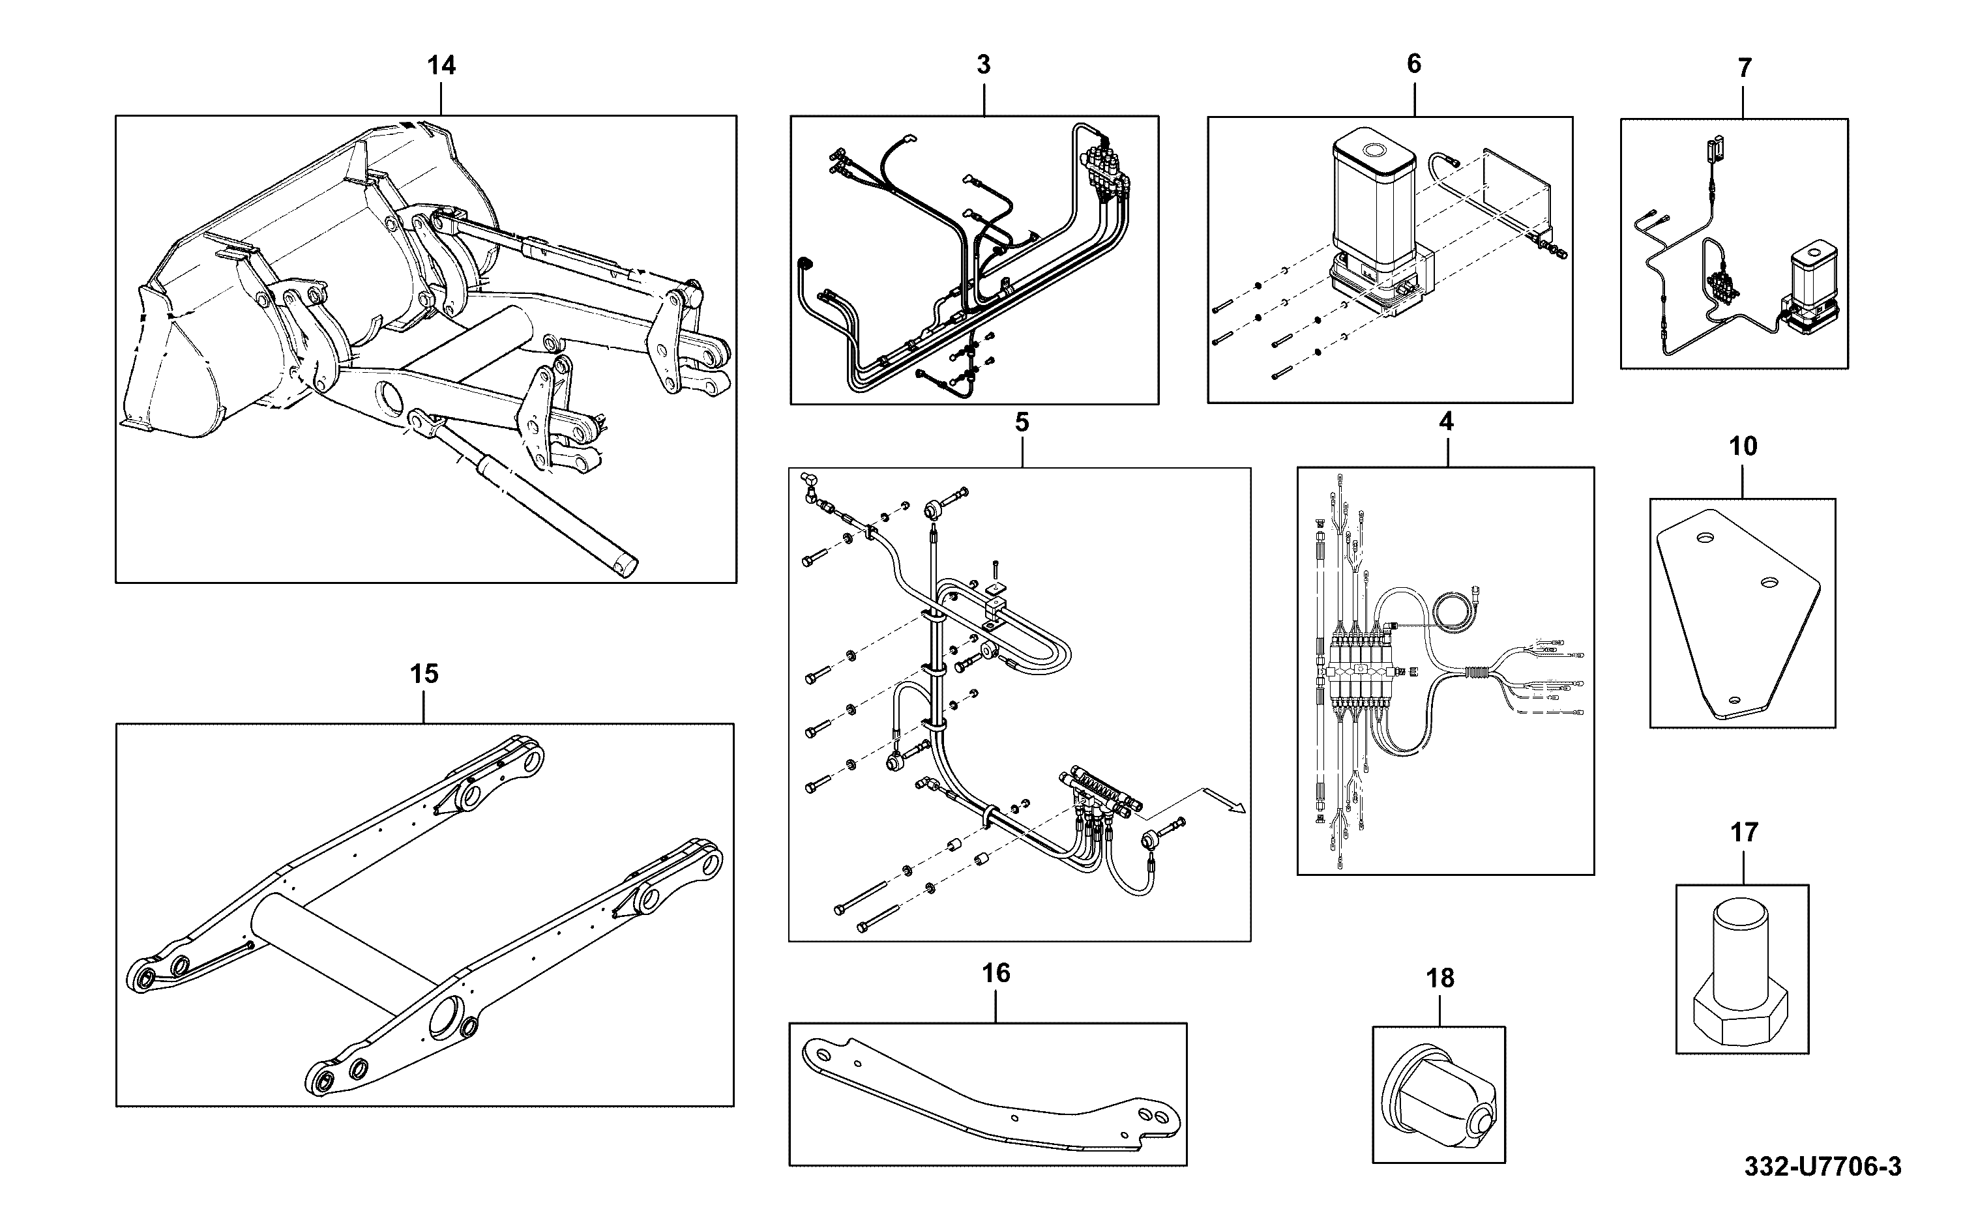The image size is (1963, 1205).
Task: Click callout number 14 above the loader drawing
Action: pyautogui.click(x=441, y=65)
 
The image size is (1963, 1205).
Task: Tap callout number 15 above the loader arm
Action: pyautogui.click(x=424, y=675)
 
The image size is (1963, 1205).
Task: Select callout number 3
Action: pyautogui.click(x=984, y=65)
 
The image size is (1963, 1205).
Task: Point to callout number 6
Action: pyautogui.click(x=1414, y=64)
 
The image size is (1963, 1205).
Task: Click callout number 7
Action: pyautogui.click(x=1745, y=68)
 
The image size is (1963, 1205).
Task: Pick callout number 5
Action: pyautogui.click(x=1022, y=422)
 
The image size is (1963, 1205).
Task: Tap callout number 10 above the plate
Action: pyautogui.click(x=1743, y=446)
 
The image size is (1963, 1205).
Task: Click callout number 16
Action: pyautogui.click(x=996, y=973)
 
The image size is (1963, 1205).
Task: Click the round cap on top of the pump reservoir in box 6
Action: pyautogui.click(x=1373, y=151)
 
